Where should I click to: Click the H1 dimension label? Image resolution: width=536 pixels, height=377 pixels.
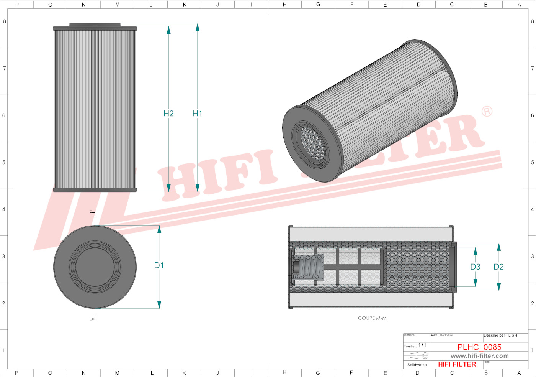tap(197, 114)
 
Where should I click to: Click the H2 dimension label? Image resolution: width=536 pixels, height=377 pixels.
tap(168, 114)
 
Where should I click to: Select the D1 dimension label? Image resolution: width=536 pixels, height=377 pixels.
tap(159, 265)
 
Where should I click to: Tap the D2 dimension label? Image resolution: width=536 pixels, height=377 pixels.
tap(498, 267)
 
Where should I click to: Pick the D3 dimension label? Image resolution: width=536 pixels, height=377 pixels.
tap(475, 267)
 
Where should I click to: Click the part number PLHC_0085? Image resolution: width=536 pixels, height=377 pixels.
tap(479, 347)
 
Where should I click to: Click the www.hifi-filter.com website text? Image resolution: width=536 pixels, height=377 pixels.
tap(479, 356)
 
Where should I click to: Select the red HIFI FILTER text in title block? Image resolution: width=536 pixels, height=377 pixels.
tap(457, 364)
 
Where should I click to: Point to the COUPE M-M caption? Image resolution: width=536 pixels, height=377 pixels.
tap(372, 318)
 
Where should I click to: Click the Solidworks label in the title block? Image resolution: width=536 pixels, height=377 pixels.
tap(417, 365)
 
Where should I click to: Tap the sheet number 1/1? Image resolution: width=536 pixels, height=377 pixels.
tap(422, 346)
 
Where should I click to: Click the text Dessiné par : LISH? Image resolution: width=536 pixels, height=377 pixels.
tap(500, 336)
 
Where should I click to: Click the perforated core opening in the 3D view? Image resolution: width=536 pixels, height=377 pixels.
tap(312, 143)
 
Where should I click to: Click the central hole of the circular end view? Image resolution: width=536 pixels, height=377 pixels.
tap(95, 267)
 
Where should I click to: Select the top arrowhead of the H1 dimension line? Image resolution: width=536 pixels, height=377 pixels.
tap(198, 27)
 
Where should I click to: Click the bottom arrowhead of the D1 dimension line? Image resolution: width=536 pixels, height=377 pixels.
tap(159, 305)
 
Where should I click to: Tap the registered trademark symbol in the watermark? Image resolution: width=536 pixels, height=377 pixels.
tap(487, 111)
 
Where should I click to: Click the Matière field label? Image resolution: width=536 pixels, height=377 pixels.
tap(409, 335)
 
